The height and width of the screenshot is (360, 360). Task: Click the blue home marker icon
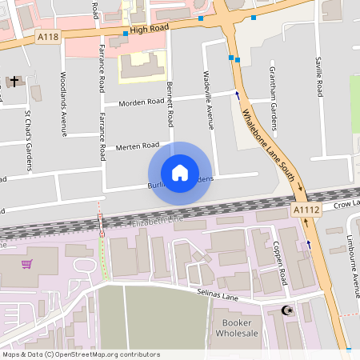180,173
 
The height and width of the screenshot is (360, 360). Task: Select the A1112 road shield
306,210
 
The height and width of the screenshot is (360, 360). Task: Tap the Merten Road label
138,146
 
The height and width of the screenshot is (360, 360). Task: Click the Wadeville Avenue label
211,107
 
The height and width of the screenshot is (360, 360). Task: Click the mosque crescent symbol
288,310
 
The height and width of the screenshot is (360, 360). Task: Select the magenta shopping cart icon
26,264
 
